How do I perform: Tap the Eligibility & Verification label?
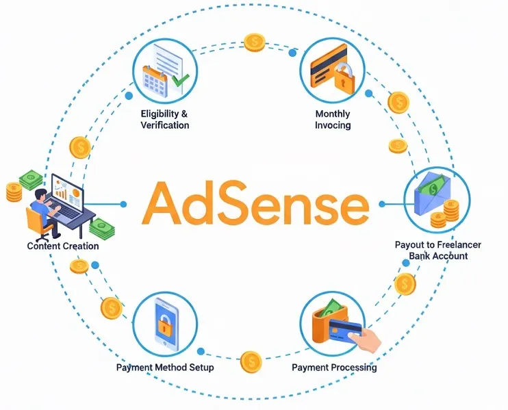pyautogui.click(x=164, y=119)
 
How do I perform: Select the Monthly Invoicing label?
pyautogui.click(x=333, y=119)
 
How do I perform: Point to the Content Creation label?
pyautogui.click(x=63, y=246)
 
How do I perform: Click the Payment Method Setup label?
pyautogui.click(x=165, y=368)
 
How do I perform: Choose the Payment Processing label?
pyautogui.click(x=334, y=368)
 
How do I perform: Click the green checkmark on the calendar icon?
pyautogui.click(x=181, y=82)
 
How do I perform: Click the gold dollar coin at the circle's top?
pyautogui.click(x=255, y=42)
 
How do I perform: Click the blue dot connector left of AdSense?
pyautogui.click(x=124, y=203)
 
